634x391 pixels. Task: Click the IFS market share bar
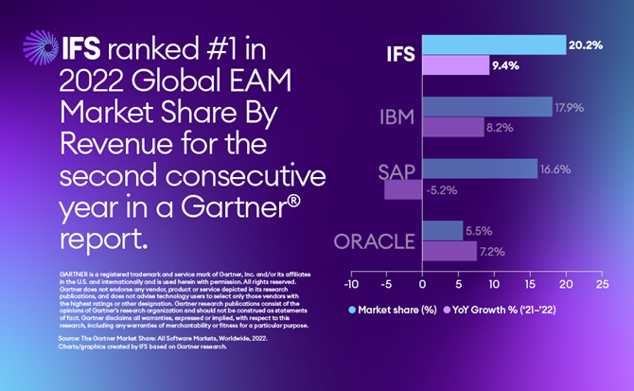tap(493, 44)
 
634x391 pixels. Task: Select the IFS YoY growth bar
tap(455, 65)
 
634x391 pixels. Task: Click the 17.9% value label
tap(570, 106)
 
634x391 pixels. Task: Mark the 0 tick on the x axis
tap(422, 284)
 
